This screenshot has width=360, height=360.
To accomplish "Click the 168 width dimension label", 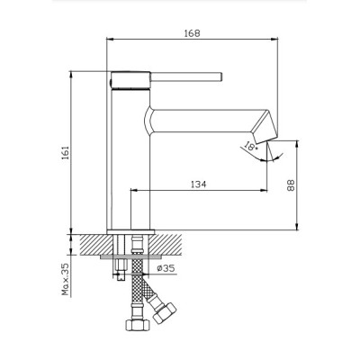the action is pyautogui.click(x=192, y=33).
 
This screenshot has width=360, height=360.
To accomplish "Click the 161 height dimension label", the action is pyautogui.click(x=66, y=153).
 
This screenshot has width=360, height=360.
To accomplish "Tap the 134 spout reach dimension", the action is pyautogui.click(x=199, y=184).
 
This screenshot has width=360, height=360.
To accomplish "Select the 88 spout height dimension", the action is pyautogui.click(x=291, y=185).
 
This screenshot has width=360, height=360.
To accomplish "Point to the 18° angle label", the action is pyautogui.click(x=251, y=146).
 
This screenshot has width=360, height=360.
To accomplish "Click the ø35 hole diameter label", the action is pyautogui.click(x=166, y=268).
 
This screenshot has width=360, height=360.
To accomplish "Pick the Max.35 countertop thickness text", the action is pyautogui.click(x=66, y=279).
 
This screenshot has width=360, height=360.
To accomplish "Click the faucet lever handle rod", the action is pyautogui.click(x=186, y=76).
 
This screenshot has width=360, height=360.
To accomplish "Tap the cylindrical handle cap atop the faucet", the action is pyautogui.click(x=130, y=80).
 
